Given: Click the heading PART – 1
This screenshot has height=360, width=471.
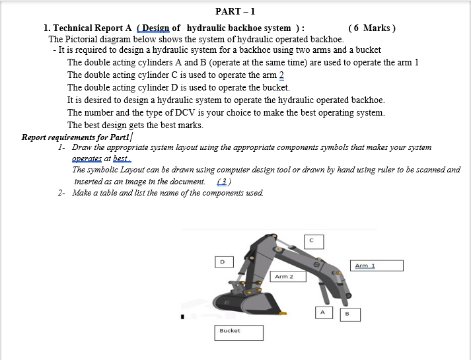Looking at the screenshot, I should pos(235,11).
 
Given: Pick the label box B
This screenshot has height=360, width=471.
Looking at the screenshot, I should pos(347,314).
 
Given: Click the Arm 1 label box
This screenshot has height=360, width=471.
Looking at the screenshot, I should pos(377,266).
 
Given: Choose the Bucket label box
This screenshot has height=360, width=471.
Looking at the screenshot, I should pos(238,332).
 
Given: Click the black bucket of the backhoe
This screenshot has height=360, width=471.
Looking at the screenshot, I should pos(264,306).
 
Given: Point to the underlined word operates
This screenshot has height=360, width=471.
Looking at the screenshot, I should pos(87,159).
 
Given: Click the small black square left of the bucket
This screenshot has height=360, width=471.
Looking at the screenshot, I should pos(183,316).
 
